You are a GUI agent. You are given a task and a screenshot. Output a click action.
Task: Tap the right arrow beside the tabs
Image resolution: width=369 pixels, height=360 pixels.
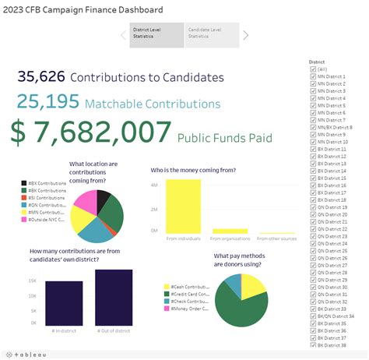coord(246,35)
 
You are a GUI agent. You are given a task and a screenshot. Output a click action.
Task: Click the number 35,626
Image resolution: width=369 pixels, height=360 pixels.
coord(40,76)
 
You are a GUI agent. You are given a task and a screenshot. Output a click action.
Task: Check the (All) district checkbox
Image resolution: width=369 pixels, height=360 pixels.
coord(313,69)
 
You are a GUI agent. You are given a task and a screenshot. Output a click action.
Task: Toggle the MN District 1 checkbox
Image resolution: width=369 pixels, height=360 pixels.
coord(313,76)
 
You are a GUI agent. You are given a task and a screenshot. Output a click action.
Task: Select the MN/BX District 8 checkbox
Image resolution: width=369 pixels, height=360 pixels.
coord(313,127)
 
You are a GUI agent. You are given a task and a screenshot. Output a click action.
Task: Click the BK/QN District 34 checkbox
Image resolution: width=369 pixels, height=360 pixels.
coord(313,316)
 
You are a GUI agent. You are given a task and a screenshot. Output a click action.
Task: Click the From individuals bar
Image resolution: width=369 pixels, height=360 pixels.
coord(183,206)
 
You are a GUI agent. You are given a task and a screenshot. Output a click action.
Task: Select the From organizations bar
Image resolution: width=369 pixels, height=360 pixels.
coord(230,231)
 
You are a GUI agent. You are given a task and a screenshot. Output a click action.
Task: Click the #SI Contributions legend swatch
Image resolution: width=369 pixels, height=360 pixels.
coord(24,198)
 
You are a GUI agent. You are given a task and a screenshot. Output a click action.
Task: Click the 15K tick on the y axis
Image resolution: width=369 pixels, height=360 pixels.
coord(32,280)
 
